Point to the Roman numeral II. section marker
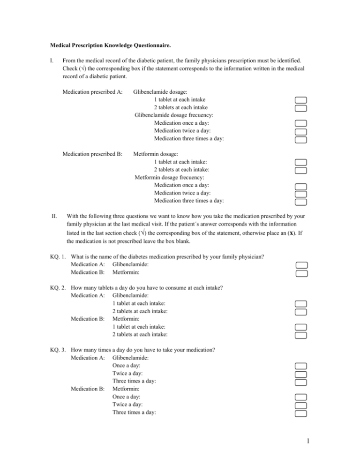coord(53,217)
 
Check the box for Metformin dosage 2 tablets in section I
coord(300,170)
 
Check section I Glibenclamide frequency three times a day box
coord(300,139)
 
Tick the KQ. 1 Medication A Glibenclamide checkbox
coord(300,264)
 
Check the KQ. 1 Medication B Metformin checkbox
coord(300,272)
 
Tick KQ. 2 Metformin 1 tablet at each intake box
coord(300,327)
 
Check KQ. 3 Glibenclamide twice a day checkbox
coord(300,374)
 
